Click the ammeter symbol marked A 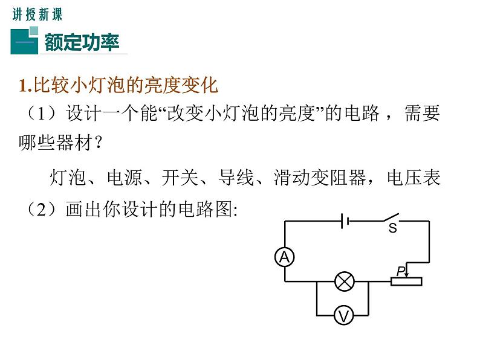pyautogui.click(x=284, y=258)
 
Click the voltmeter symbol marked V pyautogui.click(x=344, y=315)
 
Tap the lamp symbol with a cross pyautogui.click(x=345, y=281)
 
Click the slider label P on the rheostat pyautogui.click(x=400, y=271)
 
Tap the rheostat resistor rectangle pyautogui.click(x=406, y=281)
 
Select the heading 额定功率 pyautogui.click(x=82, y=42)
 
